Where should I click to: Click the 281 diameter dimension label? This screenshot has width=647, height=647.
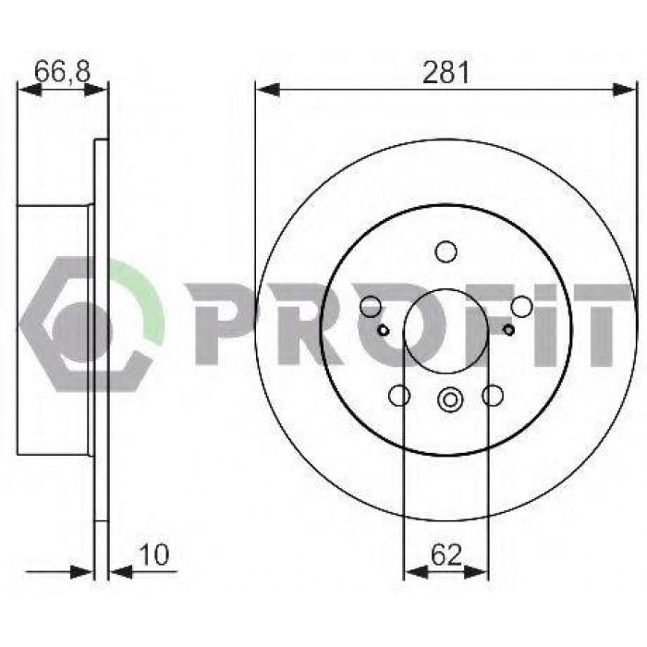(x=446, y=73)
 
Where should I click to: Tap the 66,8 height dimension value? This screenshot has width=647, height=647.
(x=62, y=71)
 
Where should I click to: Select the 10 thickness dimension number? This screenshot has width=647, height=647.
(x=154, y=555)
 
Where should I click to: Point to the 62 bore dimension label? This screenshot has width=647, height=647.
(x=446, y=555)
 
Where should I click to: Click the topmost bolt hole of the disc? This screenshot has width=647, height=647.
(x=446, y=252)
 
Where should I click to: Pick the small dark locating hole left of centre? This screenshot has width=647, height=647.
(x=384, y=330)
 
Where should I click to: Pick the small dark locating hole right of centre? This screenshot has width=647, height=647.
(x=509, y=330)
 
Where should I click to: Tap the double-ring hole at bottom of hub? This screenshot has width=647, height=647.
(x=450, y=399)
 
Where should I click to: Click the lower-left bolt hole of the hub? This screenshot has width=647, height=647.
(x=399, y=396)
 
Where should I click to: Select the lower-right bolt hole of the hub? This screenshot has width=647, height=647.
(x=493, y=396)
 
